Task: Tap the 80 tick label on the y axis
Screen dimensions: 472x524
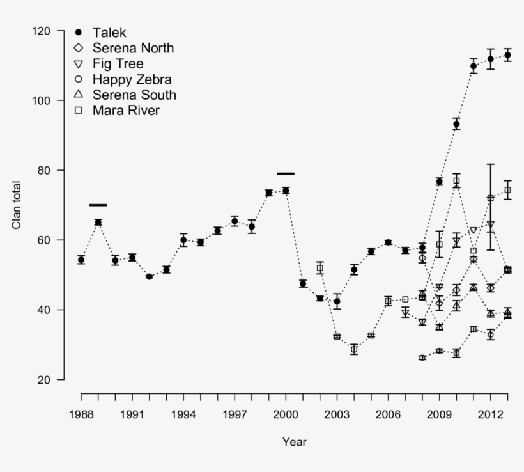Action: point(46,170)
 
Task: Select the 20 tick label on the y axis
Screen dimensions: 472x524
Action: point(46,379)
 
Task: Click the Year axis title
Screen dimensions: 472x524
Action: point(294,442)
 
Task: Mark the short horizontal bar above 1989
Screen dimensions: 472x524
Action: point(98,205)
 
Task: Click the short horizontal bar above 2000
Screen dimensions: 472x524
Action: point(286,173)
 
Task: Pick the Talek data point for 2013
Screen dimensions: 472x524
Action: point(507,55)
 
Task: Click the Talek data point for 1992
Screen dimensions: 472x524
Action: point(150,276)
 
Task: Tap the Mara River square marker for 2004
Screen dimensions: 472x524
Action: point(354,349)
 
